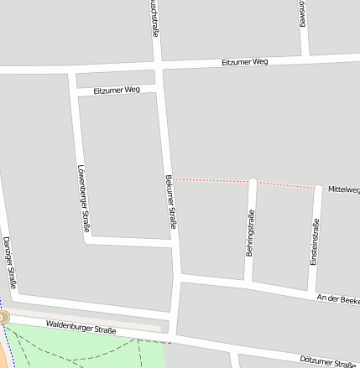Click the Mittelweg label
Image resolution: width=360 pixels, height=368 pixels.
click(343, 189)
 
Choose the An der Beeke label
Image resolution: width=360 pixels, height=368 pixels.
click(337, 299)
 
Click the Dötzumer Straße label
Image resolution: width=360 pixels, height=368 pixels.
click(328, 361)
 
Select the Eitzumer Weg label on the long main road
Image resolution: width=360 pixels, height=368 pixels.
click(245, 63)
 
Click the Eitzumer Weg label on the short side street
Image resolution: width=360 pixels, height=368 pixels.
click(117, 90)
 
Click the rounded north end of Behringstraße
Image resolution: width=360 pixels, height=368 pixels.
click(252, 182)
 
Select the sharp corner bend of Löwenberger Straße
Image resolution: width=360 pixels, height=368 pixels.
click(87, 240)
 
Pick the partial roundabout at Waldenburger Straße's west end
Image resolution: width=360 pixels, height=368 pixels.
click(3, 318)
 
